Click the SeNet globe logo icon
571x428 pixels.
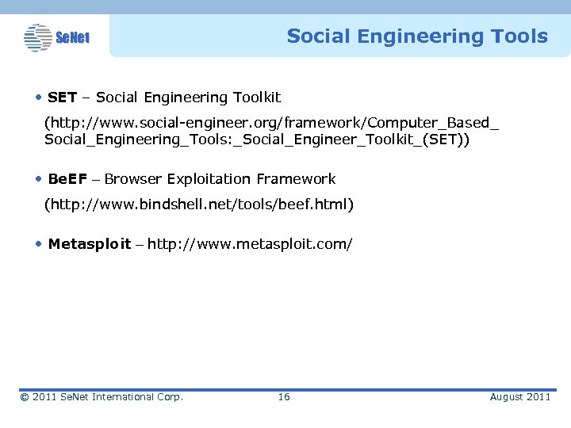click(38, 37)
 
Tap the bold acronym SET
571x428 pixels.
click(62, 97)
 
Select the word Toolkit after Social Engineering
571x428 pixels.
click(256, 97)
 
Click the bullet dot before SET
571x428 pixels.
click(39, 97)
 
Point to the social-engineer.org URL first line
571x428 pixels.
click(271, 124)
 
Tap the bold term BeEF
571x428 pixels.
click(67, 179)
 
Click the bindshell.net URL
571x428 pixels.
click(198, 205)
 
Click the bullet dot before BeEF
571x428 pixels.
click(39, 179)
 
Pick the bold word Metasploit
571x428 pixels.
click(90, 244)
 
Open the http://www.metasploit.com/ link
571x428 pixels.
click(250, 244)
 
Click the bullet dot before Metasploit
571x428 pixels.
click(39, 244)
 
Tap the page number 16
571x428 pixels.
click(284, 396)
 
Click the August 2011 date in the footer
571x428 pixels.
click(519, 396)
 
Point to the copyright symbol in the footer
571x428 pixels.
click(25, 396)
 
